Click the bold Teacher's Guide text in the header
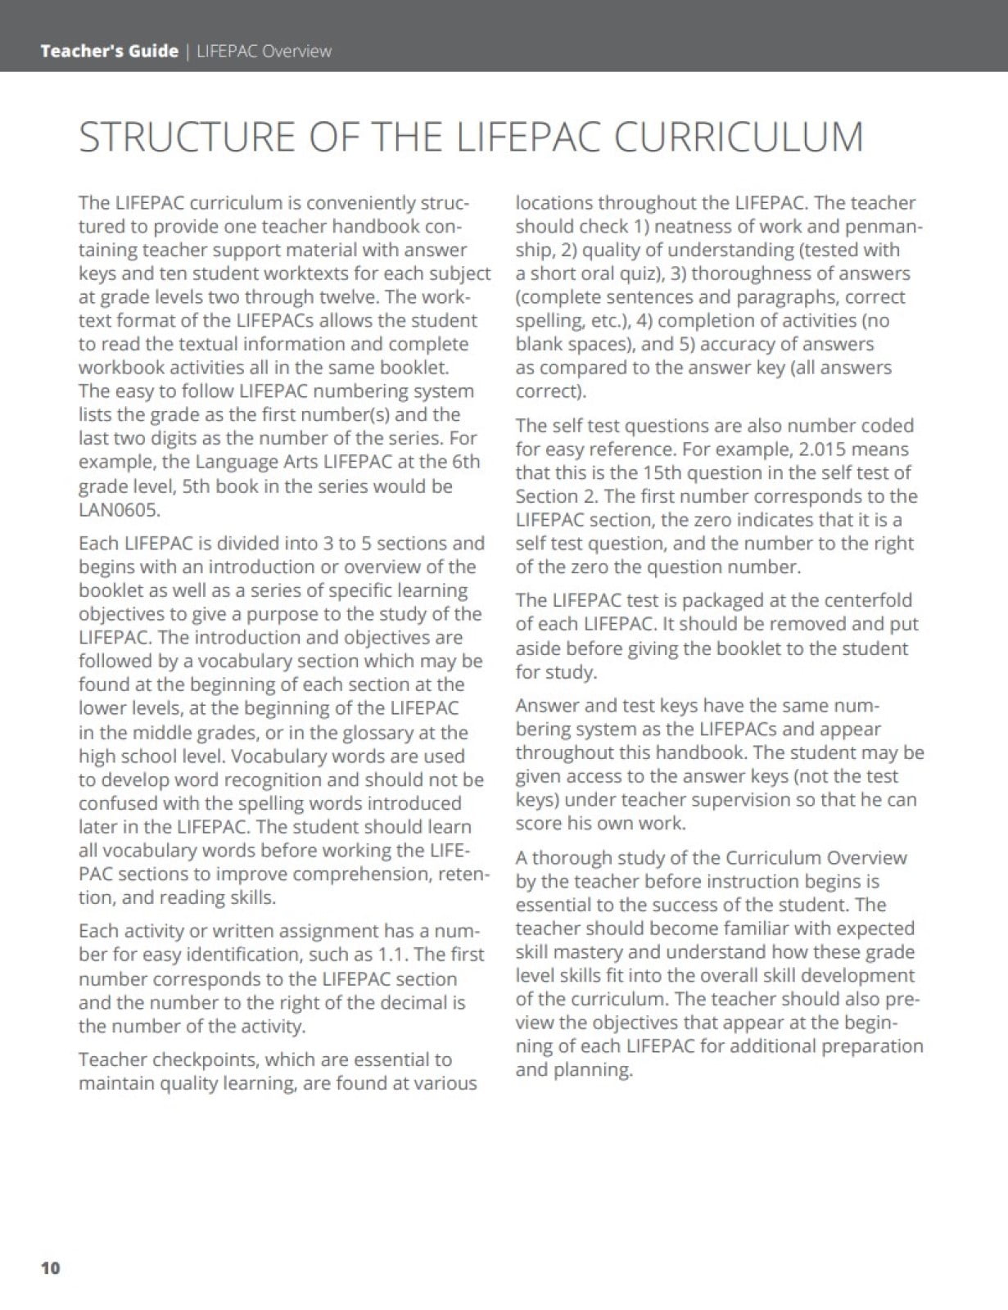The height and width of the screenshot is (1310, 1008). (109, 51)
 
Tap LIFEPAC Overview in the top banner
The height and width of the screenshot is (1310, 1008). (264, 51)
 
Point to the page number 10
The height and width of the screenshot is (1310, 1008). (50, 1267)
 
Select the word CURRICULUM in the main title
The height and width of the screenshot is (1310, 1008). (739, 137)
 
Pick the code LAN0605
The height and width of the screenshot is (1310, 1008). (120, 509)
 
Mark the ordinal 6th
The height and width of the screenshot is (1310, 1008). (466, 462)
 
